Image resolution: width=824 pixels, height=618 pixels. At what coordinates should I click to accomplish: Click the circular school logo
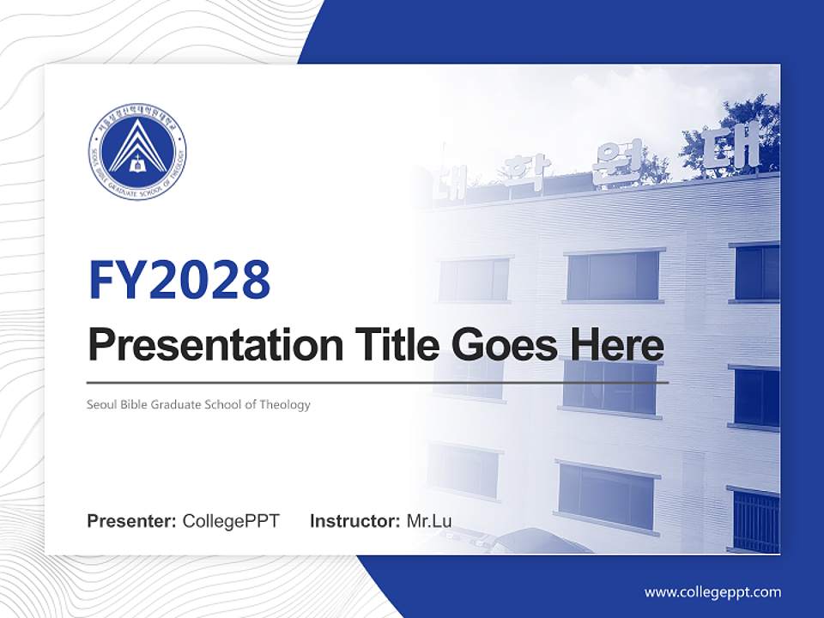pyautogui.click(x=136, y=152)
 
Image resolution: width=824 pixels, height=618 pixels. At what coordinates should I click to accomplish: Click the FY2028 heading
pyautogui.click(x=179, y=280)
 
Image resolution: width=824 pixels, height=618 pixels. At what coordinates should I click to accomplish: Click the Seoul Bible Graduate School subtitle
pyautogui.click(x=198, y=404)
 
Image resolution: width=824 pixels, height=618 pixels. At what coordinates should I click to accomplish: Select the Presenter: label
pyautogui.click(x=132, y=521)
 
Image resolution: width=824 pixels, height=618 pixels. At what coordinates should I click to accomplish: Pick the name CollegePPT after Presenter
pyautogui.click(x=231, y=521)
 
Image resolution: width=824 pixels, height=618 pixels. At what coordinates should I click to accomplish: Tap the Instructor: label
pyautogui.click(x=354, y=521)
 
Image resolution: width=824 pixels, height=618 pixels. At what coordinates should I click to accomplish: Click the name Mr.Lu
pyautogui.click(x=429, y=521)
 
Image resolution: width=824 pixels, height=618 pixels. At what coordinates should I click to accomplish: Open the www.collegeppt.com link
pyautogui.click(x=712, y=591)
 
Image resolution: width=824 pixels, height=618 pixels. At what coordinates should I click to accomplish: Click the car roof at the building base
pyautogui.click(x=532, y=541)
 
